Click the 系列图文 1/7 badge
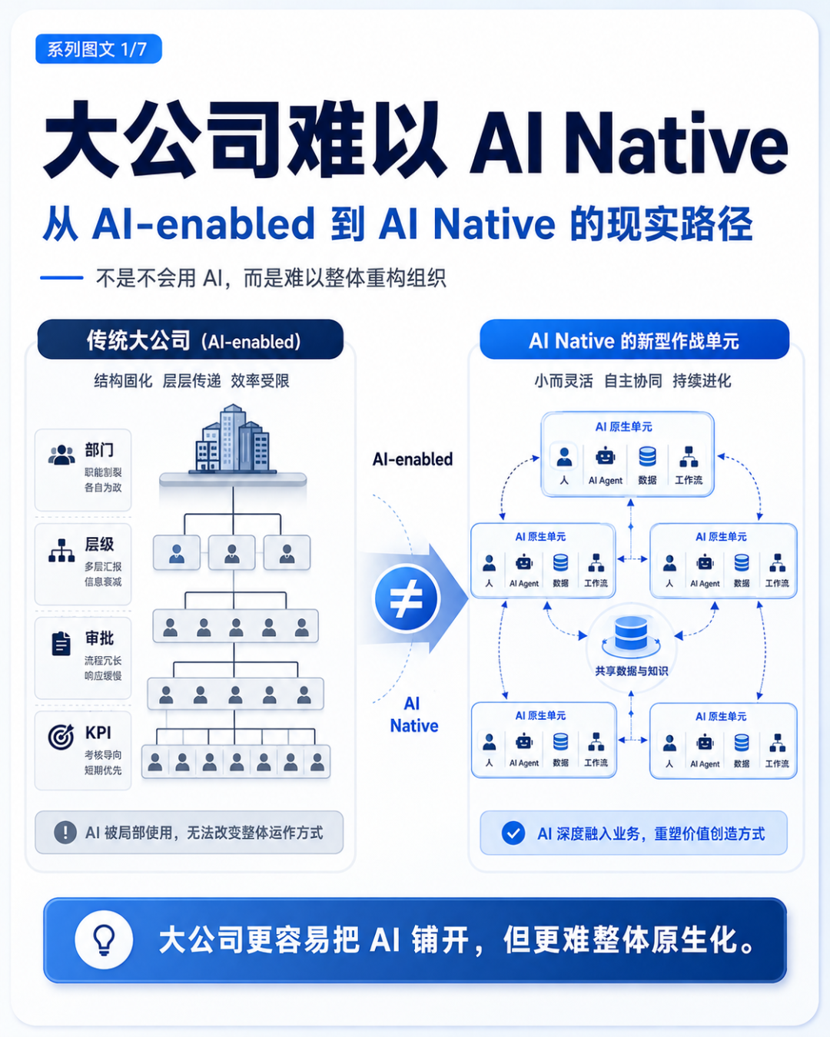pyautogui.click(x=98, y=48)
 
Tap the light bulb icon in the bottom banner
pyautogui.click(x=104, y=939)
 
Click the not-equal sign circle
pyautogui.click(x=406, y=598)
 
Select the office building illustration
pyautogui.click(x=232, y=438)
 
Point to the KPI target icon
pyautogui.click(x=61, y=737)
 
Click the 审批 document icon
pyautogui.click(x=61, y=643)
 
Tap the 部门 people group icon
pyautogui.click(x=61, y=455)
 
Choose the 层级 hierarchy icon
pyautogui.click(x=61, y=550)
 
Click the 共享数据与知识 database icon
pyautogui.click(x=631, y=634)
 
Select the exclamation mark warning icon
pyautogui.click(x=65, y=832)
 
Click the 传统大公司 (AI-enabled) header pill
pyautogui.click(x=191, y=340)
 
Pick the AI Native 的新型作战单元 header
pyautogui.click(x=634, y=340)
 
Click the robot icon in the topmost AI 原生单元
pyautogui.click(x=606, y=456)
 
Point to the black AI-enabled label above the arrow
pyautogui.click(x=413, y=459)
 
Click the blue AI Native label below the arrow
pyautogui.click(x=413, y=714)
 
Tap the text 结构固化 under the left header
pyautogui.click(x=123, y=381)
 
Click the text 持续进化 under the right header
pyautogui.click(x=702, y=381)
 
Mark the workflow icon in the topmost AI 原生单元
pyautogui.click(x=689, y=456)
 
